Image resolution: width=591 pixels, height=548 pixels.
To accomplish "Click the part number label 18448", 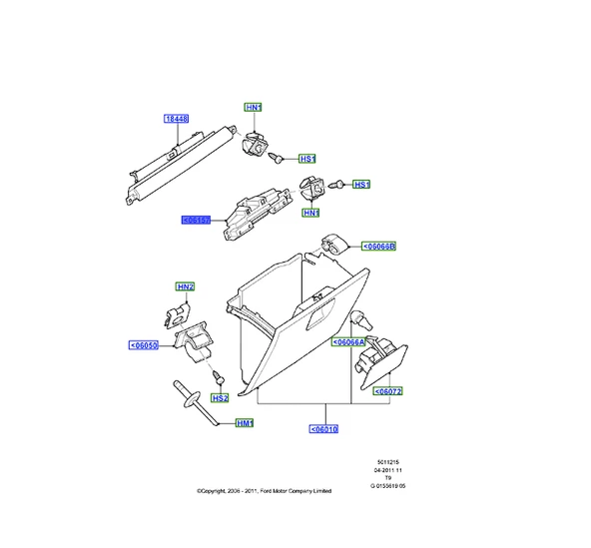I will [x=176, y=119].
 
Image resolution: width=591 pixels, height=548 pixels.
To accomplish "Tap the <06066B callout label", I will [x=377, y=245].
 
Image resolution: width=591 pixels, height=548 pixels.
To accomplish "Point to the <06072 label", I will [x=387, y=392].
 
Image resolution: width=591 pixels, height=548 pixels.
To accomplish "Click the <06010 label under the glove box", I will [x=324, y=429].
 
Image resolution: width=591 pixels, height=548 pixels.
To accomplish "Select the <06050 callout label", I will [x=143, y=345].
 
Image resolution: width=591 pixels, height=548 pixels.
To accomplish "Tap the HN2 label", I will [x=185, y=287].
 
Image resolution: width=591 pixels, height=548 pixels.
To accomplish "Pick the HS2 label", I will [x=219, y=397].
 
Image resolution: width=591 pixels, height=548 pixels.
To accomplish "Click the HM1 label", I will [x=245, y=423].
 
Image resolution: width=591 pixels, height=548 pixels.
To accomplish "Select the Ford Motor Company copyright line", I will [x=265, y=491].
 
